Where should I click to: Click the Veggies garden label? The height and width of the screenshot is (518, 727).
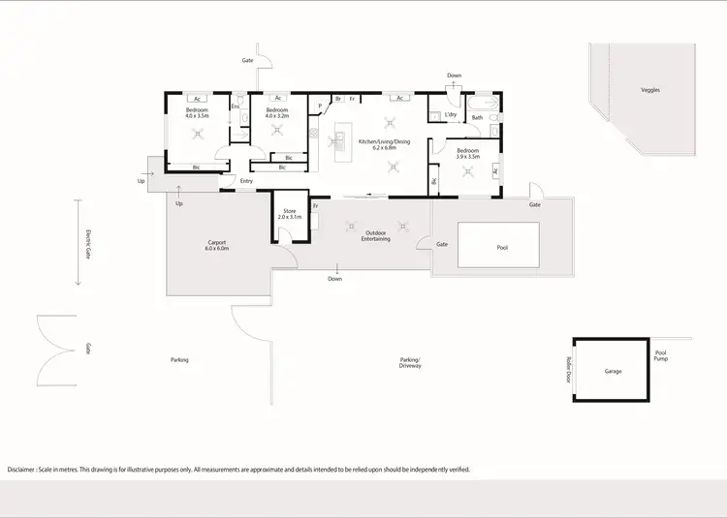650,90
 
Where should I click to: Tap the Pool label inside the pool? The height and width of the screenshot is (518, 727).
502,247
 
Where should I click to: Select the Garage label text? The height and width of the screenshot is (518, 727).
613,371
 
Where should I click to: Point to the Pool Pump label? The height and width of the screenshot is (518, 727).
661,356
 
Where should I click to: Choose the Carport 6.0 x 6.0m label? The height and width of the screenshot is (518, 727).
217,246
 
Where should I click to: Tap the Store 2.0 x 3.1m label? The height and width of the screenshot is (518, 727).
289,214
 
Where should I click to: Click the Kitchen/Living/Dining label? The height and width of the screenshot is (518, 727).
384,143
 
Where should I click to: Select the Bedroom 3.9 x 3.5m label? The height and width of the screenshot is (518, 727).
467,153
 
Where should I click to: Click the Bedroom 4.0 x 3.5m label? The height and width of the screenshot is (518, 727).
197,112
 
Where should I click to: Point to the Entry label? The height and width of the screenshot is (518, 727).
247,181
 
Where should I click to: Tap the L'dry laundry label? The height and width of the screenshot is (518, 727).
450,115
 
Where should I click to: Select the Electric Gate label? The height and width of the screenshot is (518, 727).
87,242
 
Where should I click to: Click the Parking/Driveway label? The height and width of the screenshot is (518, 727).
410,363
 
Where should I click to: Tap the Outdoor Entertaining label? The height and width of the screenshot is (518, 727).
377,235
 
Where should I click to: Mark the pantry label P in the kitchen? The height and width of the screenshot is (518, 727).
319,107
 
